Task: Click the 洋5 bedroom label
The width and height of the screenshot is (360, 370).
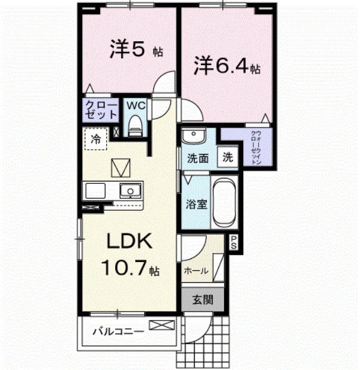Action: (x=128, y=50)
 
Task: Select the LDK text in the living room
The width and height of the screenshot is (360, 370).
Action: (x=131, y=242)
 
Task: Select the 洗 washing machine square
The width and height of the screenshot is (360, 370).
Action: (x=228, y=158)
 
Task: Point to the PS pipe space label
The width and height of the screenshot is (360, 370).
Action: (x=234, y=242)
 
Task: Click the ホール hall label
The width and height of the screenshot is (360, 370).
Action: (x=196, y=270)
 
